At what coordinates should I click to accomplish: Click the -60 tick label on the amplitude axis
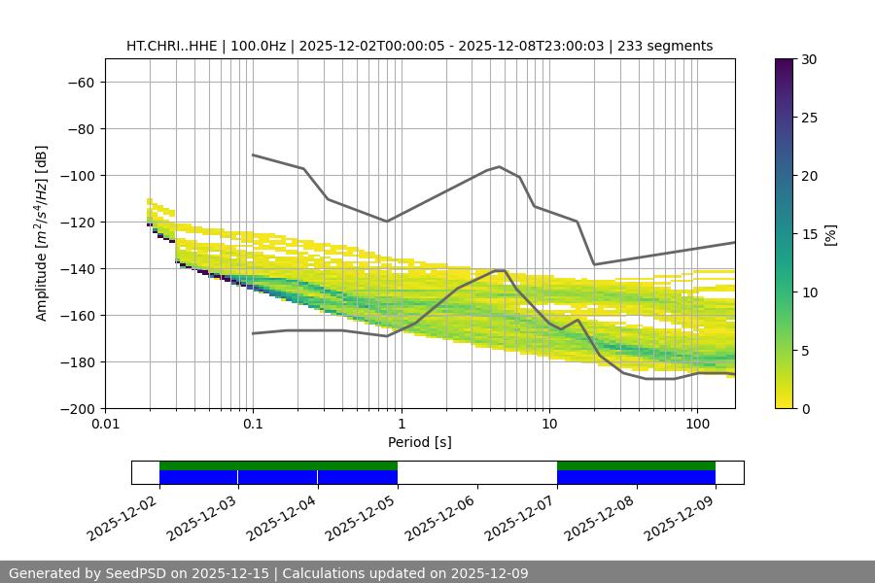point(80,83)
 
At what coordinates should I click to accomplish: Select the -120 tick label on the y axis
point(76,223)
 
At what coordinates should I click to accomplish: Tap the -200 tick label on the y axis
point(76,409)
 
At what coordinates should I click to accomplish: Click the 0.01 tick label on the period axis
point(105,425)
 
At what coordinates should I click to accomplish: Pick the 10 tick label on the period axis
point(549,425)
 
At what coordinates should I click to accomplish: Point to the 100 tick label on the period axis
point(697,425)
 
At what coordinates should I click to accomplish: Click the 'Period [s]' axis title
point(420,442)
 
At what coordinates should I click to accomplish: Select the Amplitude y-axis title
point(42,233)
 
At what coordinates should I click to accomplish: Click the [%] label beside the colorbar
point(830,234)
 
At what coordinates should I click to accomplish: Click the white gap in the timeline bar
point(476,472)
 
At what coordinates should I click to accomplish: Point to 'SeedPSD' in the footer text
point(140,573)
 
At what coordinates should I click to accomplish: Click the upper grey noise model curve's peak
point(500,166)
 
